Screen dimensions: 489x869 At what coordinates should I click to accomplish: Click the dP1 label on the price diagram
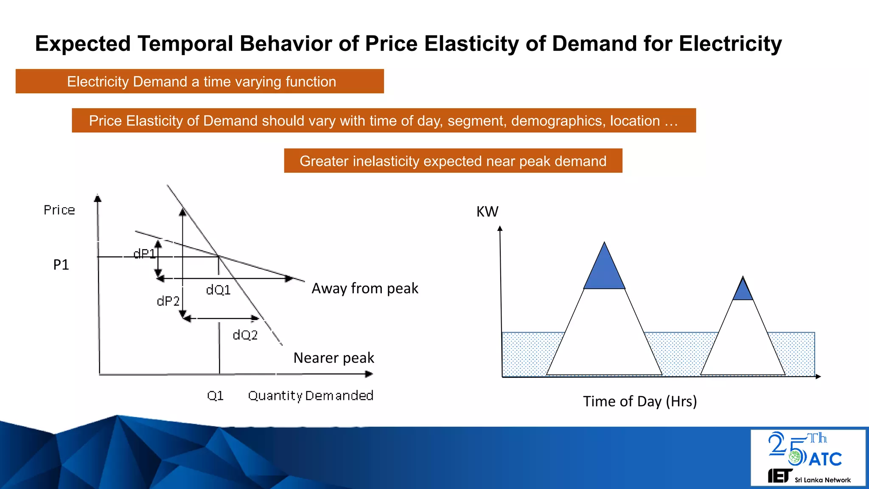click(144, 254)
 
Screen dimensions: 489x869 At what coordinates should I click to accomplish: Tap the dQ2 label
click(245, 335)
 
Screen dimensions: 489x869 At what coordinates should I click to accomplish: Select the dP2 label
click(168, 301)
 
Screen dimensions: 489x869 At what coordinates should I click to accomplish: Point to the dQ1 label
click(218, 290)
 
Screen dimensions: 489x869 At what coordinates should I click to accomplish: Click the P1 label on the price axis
click(61, 265)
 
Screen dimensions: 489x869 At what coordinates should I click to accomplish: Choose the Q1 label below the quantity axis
click(215, 396)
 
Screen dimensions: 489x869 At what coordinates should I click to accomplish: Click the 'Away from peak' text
click(365, 289)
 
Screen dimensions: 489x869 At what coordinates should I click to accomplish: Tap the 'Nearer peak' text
click(334, 358)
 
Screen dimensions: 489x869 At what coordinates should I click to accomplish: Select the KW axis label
click(487, 212)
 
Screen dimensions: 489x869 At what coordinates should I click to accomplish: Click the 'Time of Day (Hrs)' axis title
click(640, 402)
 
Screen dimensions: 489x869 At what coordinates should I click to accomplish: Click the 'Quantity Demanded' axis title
click(311, 396)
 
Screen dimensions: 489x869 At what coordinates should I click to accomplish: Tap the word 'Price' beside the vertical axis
click(59, 210)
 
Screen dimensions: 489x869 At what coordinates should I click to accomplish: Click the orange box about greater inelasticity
click(453, 161)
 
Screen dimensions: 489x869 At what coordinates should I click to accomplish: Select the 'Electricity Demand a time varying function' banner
click(200, 81)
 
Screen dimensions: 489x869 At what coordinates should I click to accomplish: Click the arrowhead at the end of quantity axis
click(369, 374)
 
